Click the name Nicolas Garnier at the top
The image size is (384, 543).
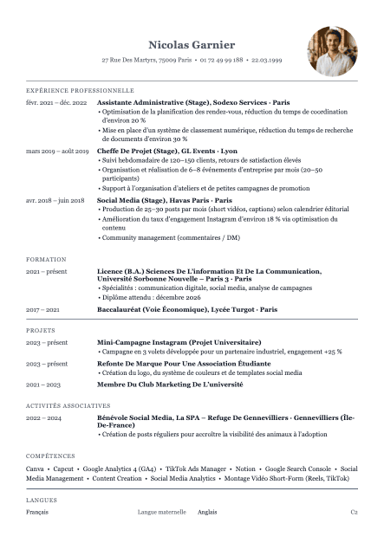pyautogui.click(x=192, y=44)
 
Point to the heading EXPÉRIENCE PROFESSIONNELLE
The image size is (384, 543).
pyautogui.click(x=80, y=90)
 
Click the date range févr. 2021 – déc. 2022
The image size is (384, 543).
pyautogui.click(x=56, y=102)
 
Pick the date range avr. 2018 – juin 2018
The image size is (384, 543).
pyautogui.click(x=55, y=200)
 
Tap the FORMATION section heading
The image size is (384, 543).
pyautogui.click(x=46, y=259)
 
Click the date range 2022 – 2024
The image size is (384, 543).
pyautogui.click(x=44, y=417)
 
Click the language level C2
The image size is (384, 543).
pyautogui.click(x=354, y=512)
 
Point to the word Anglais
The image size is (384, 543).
pyautogui.click(x=207, y=512)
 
